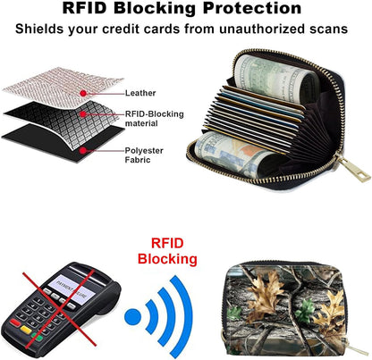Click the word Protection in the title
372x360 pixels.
point(252,8)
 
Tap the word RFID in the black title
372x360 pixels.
point(84,8)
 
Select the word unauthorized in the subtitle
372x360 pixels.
point(262,29)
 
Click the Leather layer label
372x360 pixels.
point(140,93)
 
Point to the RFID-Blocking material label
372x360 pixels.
point(154,119)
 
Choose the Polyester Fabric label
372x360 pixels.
point(144,155)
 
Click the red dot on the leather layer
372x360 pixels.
point(83,94)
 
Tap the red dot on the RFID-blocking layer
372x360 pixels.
point(83,114)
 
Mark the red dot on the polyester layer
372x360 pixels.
point(83,151)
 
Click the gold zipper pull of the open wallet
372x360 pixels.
point(353,170)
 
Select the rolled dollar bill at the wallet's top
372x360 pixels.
point(275,78)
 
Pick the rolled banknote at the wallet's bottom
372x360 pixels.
point(235,155)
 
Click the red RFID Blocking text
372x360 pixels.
point(167,251)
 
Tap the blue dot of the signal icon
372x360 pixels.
point(132,317)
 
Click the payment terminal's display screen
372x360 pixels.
point(72,289)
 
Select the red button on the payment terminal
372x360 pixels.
point(15,323)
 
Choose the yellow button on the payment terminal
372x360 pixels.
point(26,330)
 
